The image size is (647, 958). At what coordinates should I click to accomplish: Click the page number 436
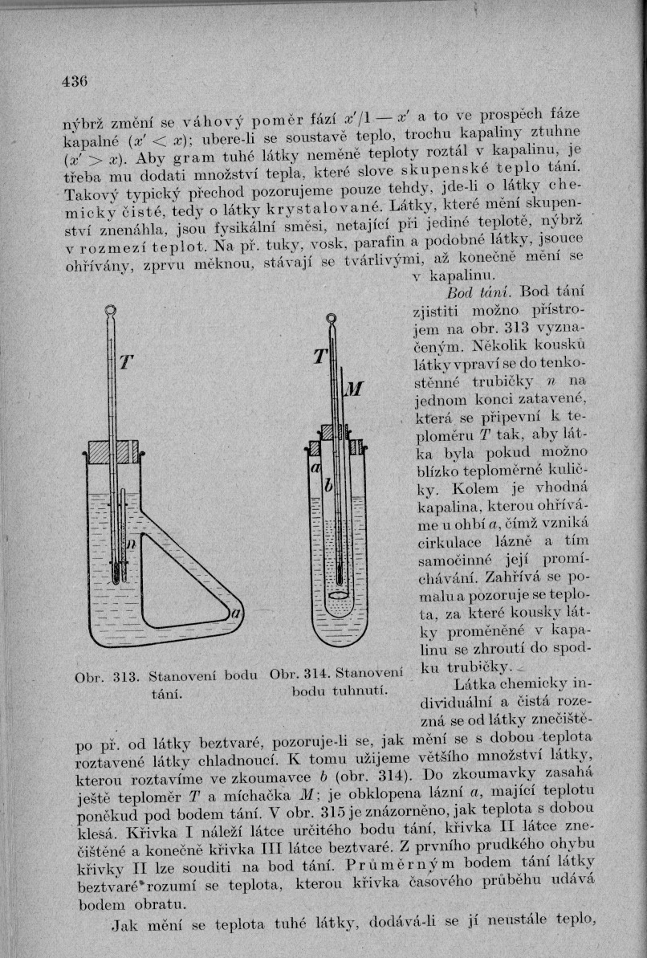[x=75, y=80]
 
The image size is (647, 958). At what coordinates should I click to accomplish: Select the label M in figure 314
[x=354, y=389]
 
